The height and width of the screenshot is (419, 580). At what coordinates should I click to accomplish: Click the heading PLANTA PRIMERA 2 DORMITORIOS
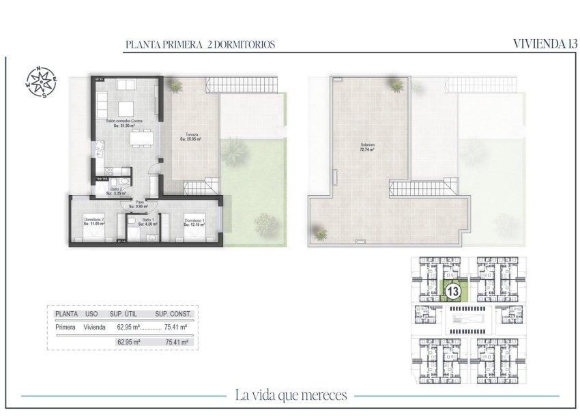pos(200,44)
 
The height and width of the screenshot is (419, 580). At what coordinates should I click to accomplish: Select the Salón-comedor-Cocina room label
pos(124,123)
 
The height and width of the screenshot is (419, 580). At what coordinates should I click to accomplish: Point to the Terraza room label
pos(191,136)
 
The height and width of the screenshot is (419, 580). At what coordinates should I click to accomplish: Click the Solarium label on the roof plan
pos(371,145)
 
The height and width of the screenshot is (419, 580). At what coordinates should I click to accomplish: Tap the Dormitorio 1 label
pos(194,220)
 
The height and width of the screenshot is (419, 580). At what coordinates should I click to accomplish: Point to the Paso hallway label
pos(140,203)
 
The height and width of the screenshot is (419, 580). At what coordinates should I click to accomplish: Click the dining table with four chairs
pos(142,140)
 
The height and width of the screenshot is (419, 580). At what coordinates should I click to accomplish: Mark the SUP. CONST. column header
pos(174,314)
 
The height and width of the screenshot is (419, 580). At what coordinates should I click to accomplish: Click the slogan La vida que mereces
pos(291,395)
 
